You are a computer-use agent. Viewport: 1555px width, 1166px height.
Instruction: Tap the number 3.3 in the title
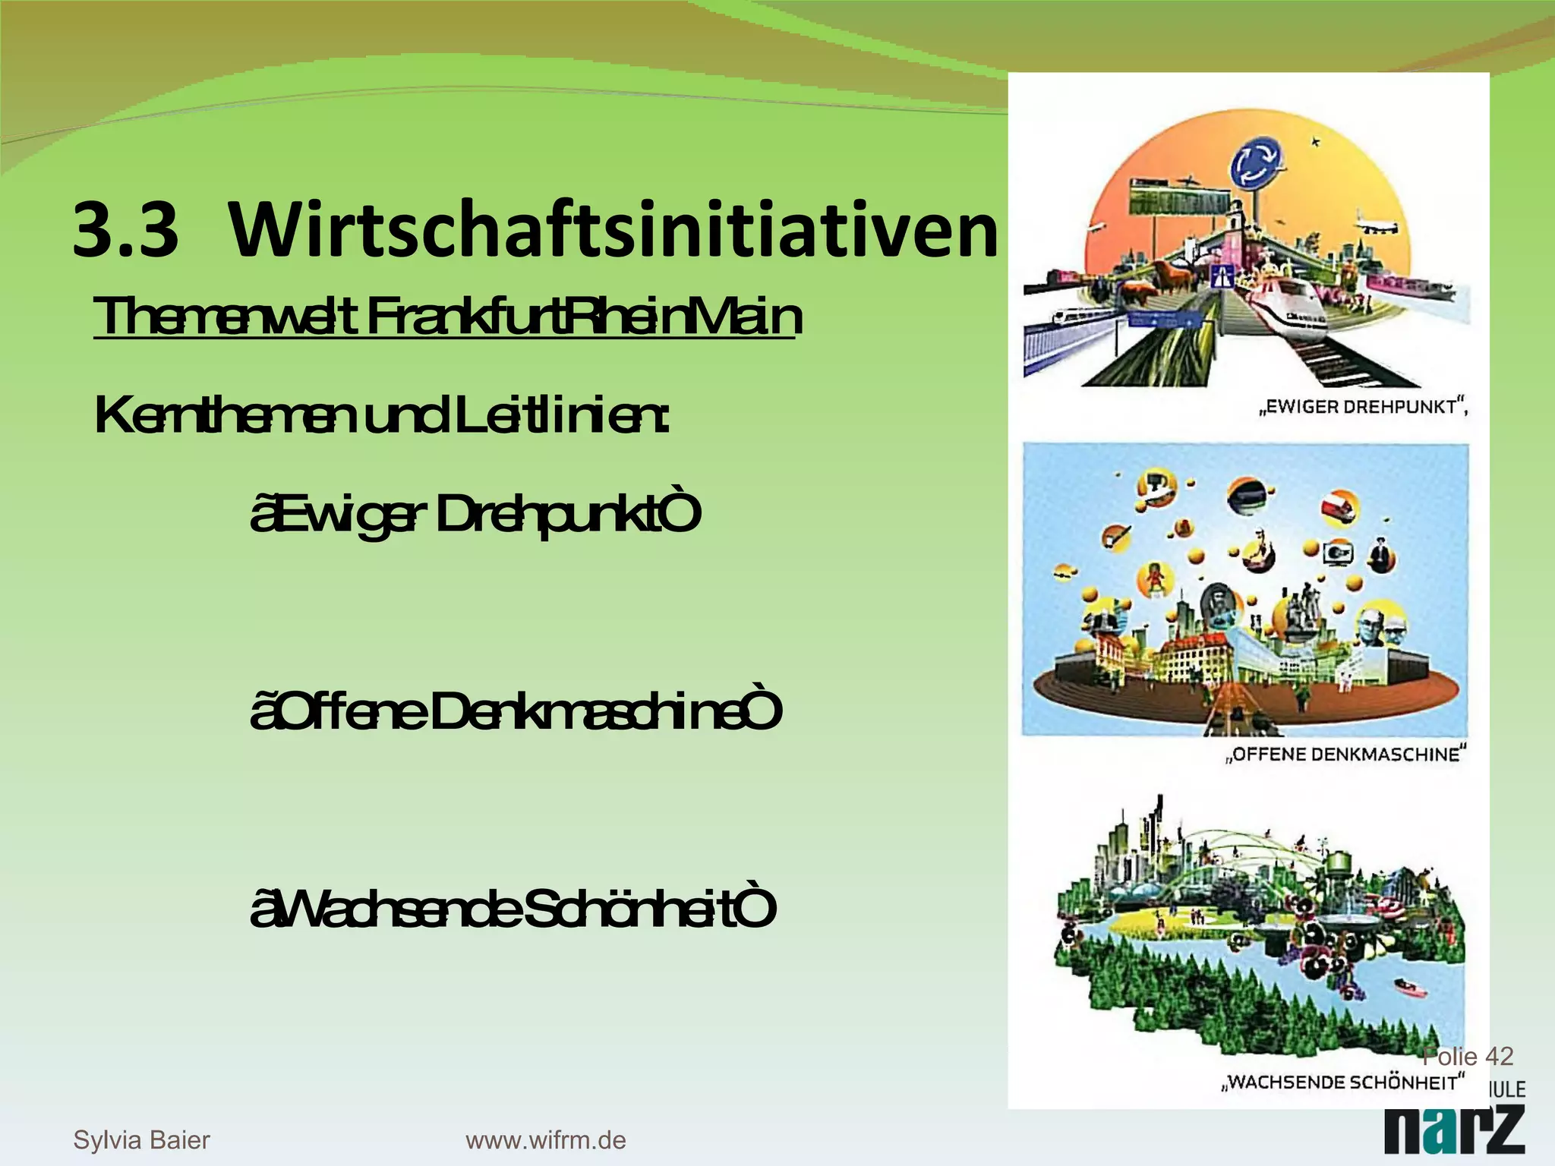click(x=126, y=230)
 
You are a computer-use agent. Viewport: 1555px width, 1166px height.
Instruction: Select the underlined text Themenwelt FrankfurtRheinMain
click(x=446, y=317)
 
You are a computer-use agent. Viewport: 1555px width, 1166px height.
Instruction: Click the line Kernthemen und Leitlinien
click(x=381, y=417)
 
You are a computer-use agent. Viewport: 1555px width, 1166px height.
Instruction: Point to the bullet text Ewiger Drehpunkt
click(x=475, y=515)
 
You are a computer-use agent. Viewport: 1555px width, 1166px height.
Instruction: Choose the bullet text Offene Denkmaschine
click(x=516, y=712)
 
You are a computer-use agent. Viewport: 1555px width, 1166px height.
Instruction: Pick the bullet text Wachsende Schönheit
click(x=513, y=909)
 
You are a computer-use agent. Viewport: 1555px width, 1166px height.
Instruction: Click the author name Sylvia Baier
click(x=141, y=1139)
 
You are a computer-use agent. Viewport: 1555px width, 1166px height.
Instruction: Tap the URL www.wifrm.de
click(x=545, y=1139)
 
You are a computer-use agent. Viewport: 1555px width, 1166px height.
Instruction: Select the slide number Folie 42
click(x=1467, y=1056)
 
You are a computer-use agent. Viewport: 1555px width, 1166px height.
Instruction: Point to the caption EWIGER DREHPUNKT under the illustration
click(x=1363, y=408)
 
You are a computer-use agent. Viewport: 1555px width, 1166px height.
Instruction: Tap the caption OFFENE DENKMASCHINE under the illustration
click(x=1345, y=755)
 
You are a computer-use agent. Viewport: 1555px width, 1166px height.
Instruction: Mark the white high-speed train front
click(x=1291, y=307)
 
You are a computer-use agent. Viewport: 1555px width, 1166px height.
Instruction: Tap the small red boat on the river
click(x=1406, y=987)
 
